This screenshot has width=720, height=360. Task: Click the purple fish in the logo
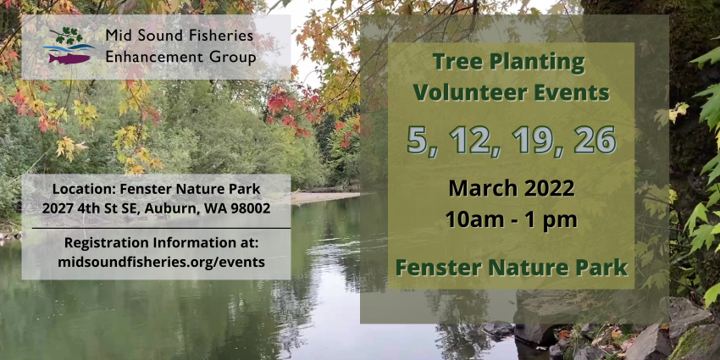click(69, 58)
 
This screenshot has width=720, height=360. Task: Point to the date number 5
click(418, 140)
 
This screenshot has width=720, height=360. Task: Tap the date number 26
click(595, 139)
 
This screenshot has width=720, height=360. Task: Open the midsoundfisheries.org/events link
click(161, 262)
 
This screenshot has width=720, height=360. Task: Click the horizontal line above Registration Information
click(161, 228)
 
